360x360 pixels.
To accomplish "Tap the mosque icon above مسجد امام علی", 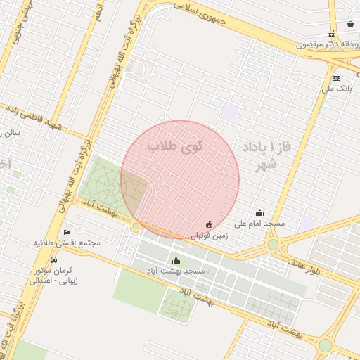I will click(x=260, y=212).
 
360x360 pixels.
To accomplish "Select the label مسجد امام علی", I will click(x=259, y=224).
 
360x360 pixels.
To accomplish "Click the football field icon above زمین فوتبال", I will click(x=209, y=225).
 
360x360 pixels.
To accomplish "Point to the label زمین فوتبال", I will click(x=209, y=236).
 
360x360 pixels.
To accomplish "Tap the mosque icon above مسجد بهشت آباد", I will click(x=176, y=260).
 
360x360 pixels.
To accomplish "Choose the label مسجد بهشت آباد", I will click(x=176, y=271).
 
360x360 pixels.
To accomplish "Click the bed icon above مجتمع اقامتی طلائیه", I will click(x=67, y=232).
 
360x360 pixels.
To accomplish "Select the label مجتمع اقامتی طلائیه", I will click(x=67, y=243).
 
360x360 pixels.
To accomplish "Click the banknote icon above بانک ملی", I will click(x=337, y=78).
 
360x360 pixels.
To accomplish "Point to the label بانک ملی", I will click(x=336, y=89).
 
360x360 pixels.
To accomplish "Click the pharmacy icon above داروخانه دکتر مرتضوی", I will click(x=331, y=34).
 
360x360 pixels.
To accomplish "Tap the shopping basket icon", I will click(x=350, y=24).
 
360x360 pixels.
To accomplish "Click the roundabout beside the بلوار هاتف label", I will click(x=273, y=245).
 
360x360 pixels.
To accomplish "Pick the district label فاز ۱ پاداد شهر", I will click(x=266, y=155).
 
